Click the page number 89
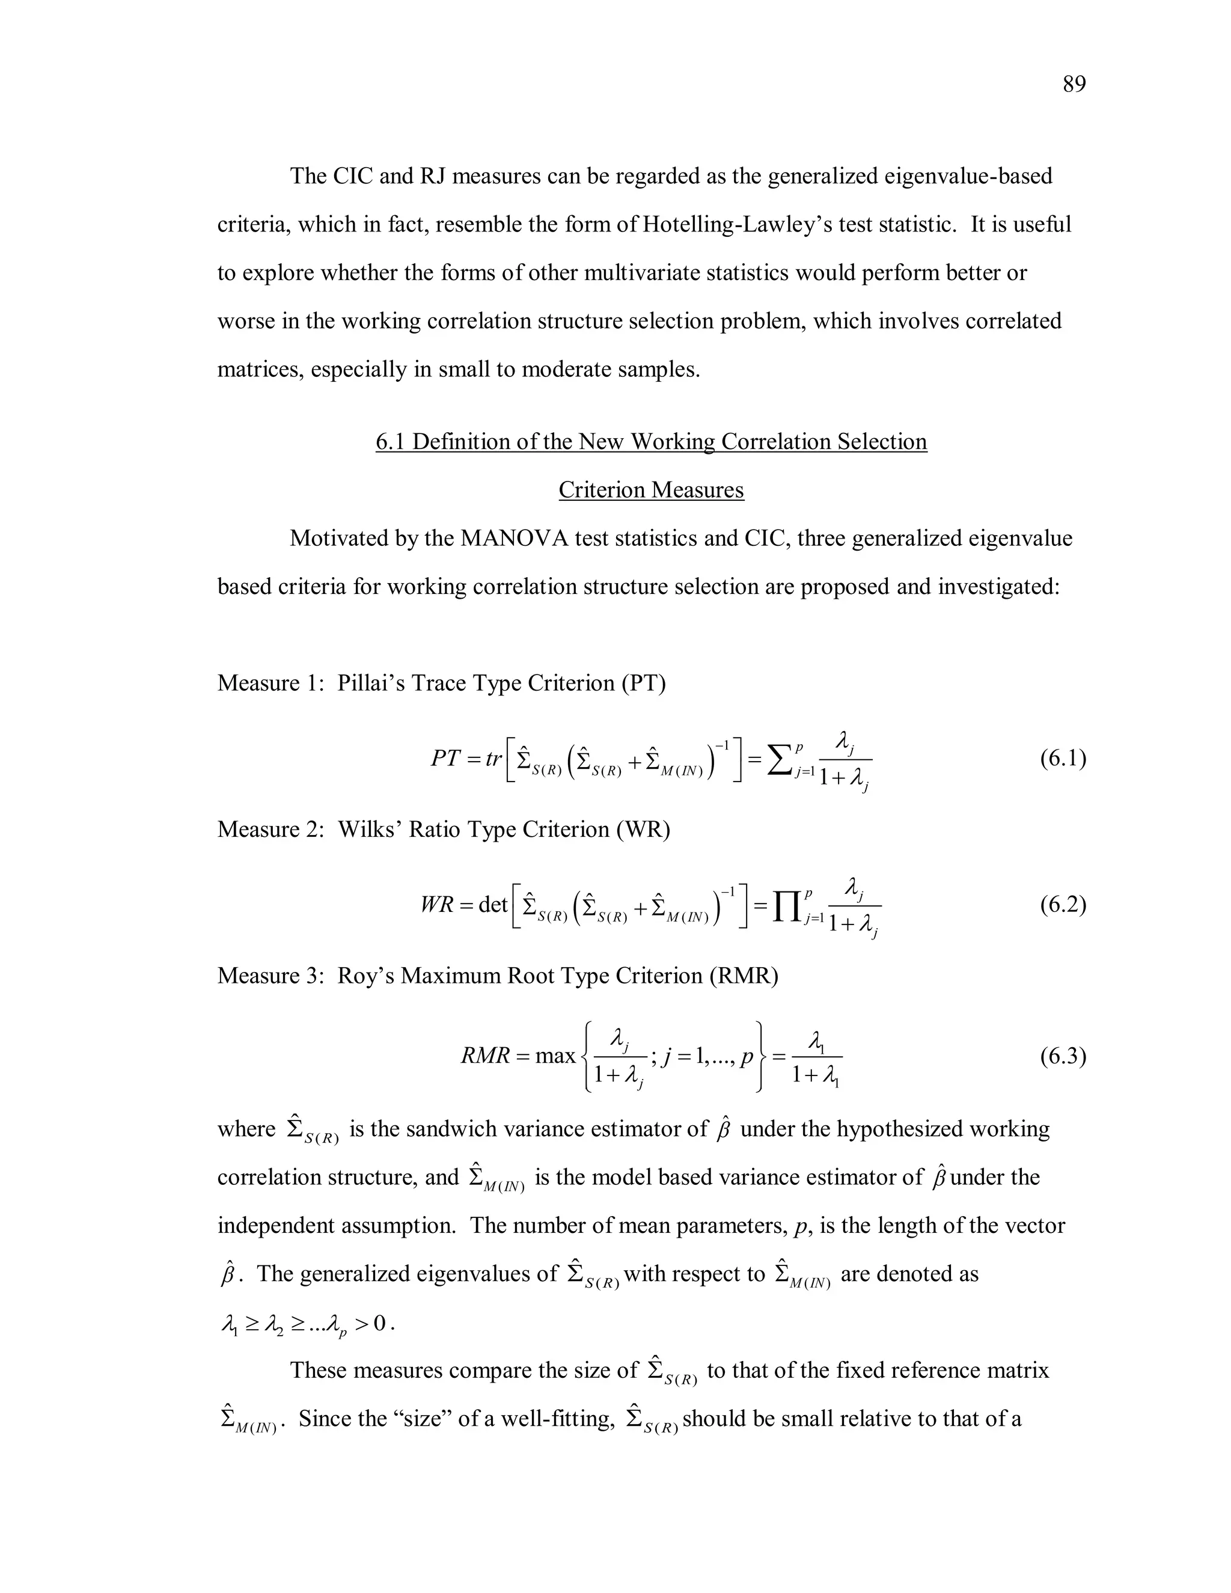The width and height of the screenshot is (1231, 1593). pos(1074,85)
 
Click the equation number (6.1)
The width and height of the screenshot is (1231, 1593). pos(1063,759)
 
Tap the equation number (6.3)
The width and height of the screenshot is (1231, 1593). pos(1063,1056)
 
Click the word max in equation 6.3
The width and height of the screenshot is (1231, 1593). pos(555,1056)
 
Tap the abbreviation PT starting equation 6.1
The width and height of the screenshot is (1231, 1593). pos(445,759)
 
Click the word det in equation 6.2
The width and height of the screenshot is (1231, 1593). pos(493,905)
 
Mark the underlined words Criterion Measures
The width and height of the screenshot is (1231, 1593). pos(651,490)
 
